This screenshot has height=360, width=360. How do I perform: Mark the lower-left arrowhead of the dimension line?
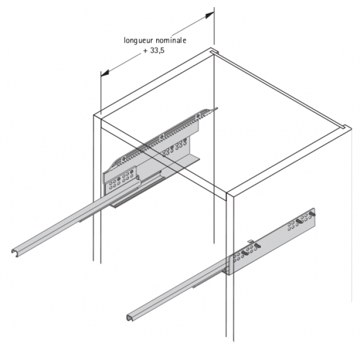coord(104,74)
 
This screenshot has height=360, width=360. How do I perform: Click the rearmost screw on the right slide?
coord(312,213)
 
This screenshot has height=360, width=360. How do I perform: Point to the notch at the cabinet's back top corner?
coord(212,53)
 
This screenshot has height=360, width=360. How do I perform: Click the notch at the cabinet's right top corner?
coord(344,128)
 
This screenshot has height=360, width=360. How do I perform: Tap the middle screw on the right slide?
coord(300,221)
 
